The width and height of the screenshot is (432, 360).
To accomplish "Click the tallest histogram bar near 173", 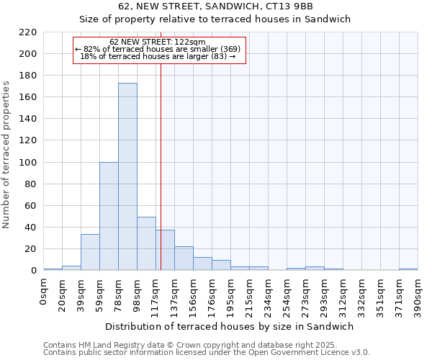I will [127, 176].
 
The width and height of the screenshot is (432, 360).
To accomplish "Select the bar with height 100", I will [109, 216].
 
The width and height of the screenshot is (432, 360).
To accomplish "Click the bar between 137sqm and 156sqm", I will [184, 258].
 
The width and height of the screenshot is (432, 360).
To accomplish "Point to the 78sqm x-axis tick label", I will [118, 292].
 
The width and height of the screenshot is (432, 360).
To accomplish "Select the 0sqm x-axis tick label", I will [43, 290].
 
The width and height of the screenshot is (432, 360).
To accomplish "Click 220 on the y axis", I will [28, 32].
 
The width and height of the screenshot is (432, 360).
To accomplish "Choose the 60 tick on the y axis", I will [31, 206].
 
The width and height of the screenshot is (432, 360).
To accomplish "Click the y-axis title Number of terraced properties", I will [7, 155].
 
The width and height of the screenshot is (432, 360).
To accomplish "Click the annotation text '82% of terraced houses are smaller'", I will [162, 49].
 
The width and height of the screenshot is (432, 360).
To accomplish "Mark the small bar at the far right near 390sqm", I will [408, 269].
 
